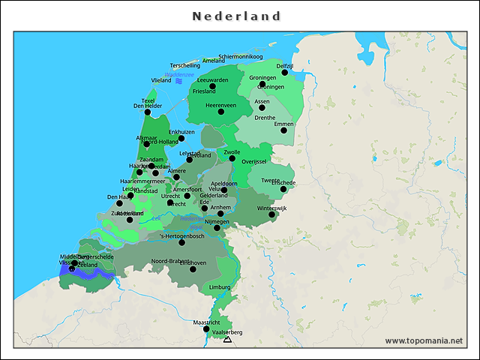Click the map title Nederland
click(236, 16)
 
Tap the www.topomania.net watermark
click(424, 340)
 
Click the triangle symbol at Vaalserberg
click(227, 340)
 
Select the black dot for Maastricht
click(206, 328)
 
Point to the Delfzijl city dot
click(284, 73)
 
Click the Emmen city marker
click(283, 130)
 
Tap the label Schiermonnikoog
click(241, 56)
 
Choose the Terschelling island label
click(185, 65)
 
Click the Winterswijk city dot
click(272, 214)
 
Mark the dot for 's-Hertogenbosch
click(181, 242)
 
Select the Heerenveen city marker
click(220, 112)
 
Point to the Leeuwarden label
click(212, 79)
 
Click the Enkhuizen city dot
click(181, 138)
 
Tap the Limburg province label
click(220, 286)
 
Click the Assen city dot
click(262, 107)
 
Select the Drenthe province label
click(265, 118)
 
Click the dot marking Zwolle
click(232, 158)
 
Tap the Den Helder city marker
click(148, 112)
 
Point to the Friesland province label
click(204, 91)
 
